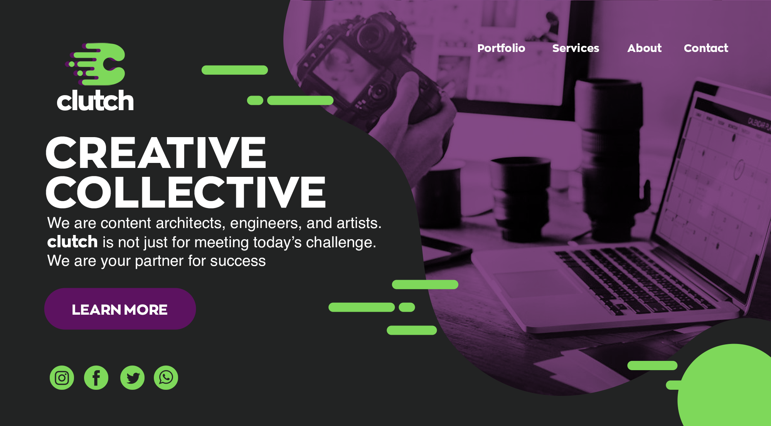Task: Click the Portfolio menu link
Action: click(501, 48)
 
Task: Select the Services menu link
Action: click(576, 48)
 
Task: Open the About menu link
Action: click(644, 48)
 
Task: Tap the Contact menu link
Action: click(706, 48)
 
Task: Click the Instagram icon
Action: click(62, 377)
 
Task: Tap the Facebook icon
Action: click(96, 377)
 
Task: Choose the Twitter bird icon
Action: click(132, 377)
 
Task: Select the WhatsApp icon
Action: click(166, 377)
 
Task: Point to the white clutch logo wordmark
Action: click(95, 101)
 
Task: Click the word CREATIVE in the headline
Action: click(156, 153)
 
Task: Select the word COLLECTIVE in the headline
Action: click(186, 192)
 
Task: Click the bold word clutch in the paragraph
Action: click(72, 242)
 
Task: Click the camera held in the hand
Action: click(366, 73)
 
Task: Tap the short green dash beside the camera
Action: click(255, 101)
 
